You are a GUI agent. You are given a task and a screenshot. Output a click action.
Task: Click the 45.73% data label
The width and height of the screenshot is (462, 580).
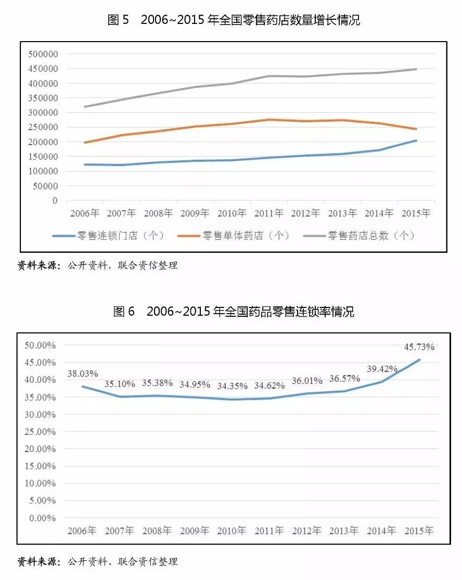click(419, 347)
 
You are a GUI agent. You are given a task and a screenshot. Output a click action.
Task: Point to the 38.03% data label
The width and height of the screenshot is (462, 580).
click(83, 373)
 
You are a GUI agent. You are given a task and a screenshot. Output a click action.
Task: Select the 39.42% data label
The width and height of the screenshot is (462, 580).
click(382, 369)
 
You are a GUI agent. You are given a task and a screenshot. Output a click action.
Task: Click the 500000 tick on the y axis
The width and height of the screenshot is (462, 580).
click(44, 54)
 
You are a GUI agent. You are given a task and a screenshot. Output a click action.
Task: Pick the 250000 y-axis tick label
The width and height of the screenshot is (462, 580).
click(44, 127)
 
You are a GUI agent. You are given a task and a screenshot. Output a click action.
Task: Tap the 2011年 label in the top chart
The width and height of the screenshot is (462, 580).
click(268, 213)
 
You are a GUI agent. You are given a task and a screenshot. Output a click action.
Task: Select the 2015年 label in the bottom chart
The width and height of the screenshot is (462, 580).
click(419, 531)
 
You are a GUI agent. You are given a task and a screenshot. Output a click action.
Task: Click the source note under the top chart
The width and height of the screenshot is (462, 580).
click(98, 266)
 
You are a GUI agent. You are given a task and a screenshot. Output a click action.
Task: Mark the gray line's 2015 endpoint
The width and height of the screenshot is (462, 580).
click(416, 69)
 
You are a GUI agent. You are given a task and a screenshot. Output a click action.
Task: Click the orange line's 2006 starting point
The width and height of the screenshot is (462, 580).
click(84, 143)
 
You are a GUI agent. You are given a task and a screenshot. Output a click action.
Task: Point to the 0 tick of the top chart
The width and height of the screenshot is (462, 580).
click(55, 201)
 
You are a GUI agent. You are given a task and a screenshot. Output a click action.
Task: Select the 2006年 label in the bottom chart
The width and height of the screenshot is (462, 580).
click(82, 531)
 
